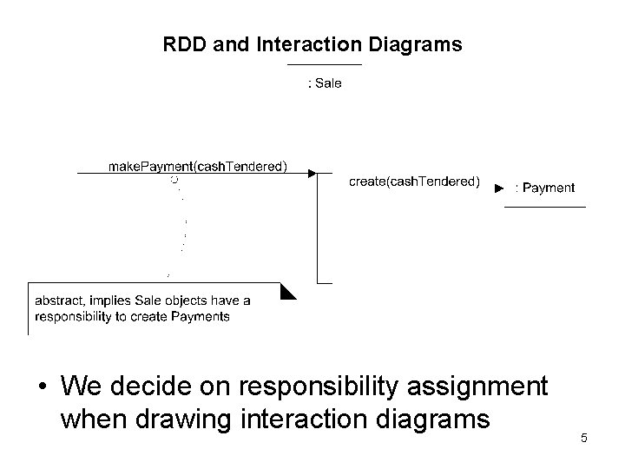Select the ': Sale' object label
[326, 83]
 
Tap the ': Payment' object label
[545, 188]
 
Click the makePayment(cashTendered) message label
[198, 166]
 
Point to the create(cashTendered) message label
[413, 182]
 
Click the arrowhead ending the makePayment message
[312, 174]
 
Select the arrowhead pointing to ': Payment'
[499, 188]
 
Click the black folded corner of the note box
[288, 291]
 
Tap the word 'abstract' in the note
[60, 301]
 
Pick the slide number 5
[584, 438]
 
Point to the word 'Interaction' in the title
[300, 44]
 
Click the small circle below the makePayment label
[174, 180]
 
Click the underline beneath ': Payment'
[545, 207]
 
